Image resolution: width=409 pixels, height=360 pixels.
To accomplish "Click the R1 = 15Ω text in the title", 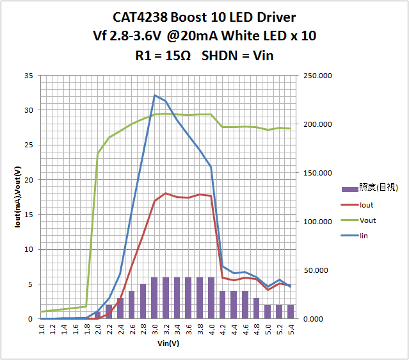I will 163,56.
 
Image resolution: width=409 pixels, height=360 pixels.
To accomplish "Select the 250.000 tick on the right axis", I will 317,76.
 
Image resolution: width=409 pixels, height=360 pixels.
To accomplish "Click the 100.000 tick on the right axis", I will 317,222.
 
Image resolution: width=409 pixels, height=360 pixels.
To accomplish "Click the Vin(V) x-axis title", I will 168,344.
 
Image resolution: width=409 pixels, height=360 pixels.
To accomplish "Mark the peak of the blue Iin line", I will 155,95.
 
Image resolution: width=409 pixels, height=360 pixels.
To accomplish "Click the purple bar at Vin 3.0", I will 155,298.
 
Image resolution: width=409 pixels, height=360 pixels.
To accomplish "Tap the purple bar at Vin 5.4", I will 291,312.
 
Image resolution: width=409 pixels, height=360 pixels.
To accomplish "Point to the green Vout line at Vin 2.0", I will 98,153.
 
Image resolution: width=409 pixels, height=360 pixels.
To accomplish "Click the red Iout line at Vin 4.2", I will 223,277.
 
